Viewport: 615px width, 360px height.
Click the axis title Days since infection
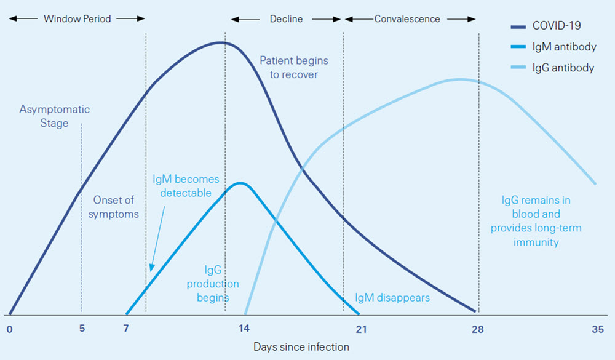(x=301, y=347)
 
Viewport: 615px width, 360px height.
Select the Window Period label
(x=77, y=18)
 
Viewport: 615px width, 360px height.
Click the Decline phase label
(x=286, y=18)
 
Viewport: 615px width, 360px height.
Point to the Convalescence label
(x=407, y=18)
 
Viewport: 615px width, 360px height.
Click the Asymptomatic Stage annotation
(x=54, y=116)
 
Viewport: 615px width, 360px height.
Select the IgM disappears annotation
(x=392, y=298)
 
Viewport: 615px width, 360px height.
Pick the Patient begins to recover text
(x=293, y=68)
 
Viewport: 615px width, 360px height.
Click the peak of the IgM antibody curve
(x=240, y=183)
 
